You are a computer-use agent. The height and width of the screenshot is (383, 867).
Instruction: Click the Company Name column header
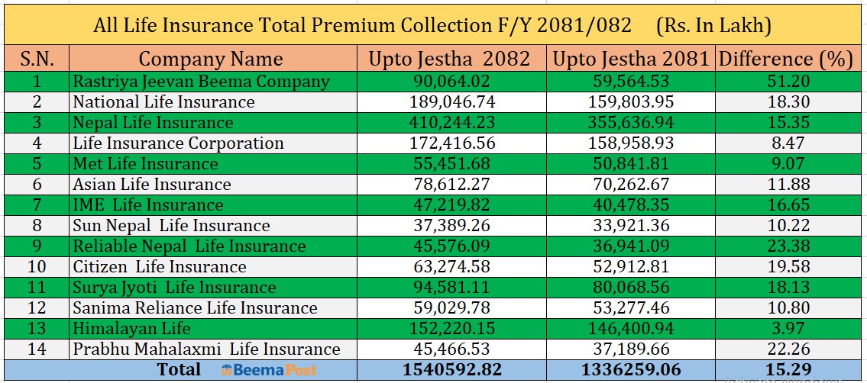tap(211, 59)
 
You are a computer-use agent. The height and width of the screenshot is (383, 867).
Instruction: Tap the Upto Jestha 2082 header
tap(449, 59)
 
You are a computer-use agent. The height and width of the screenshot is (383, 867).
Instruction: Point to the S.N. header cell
tap(37, 59)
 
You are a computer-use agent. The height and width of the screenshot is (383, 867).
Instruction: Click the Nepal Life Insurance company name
tap(153, 122)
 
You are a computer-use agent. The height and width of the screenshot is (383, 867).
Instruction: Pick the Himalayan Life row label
tap(131, 328)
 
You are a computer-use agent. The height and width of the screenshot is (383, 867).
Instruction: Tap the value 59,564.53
tap(630, 81)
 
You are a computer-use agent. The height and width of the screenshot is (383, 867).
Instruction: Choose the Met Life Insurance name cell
tap(145, 163)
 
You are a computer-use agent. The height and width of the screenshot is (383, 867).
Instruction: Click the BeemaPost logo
tap(268, 370)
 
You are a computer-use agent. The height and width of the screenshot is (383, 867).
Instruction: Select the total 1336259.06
tap(631, 370)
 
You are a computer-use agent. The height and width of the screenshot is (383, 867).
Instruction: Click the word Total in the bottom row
tap(178, 370)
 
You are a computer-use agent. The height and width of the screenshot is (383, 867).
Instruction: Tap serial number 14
tap(37, 349)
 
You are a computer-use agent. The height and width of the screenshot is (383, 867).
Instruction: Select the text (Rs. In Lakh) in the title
tap(713, 25)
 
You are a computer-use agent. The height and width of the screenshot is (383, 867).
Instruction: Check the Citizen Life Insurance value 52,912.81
tap(630, 266)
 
